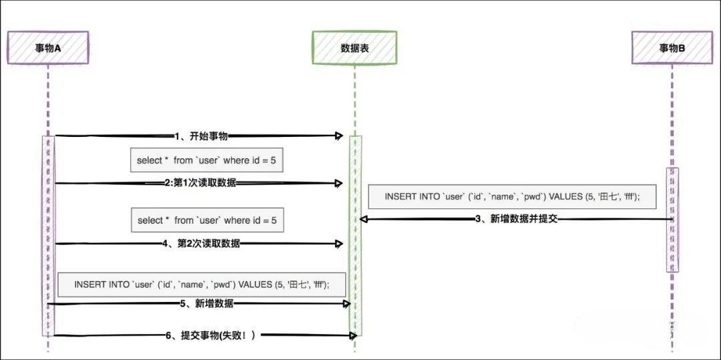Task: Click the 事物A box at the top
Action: click(48, 47)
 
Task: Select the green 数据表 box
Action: click(354, 47)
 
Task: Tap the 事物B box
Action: click(672, 47)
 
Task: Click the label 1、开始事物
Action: click(201, 136)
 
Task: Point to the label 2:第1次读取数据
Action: click(200, 183)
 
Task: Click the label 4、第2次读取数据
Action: click(201, 244)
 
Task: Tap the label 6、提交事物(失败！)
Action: click(210, 335)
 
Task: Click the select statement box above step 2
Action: click(206, 160)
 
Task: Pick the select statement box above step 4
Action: click(206, 220)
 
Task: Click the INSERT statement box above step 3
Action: click(512, 196)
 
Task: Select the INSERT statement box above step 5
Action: click(202, 283)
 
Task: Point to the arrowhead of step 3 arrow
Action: click(364, 219)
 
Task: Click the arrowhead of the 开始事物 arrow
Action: click(339, 136)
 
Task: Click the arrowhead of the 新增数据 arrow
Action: click(346, 304)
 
